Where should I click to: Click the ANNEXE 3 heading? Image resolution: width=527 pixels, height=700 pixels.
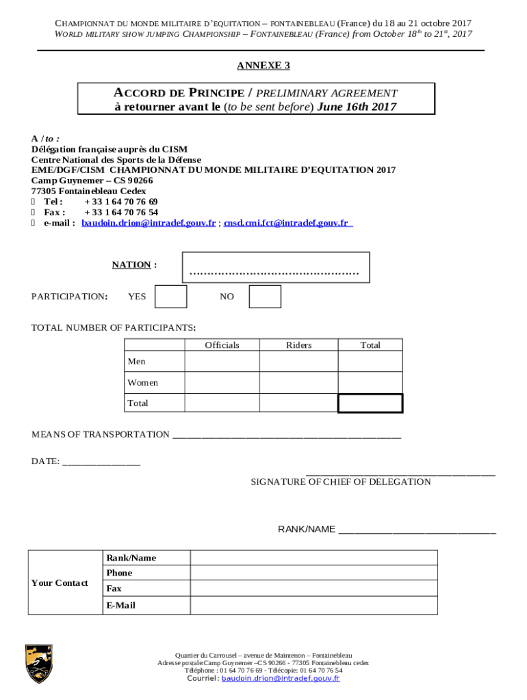(263, 66)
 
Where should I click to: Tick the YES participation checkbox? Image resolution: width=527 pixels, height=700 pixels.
(170, 297)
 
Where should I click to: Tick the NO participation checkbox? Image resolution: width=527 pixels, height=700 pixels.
(265, 297)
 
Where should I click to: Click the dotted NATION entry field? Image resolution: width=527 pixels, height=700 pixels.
(275, 267)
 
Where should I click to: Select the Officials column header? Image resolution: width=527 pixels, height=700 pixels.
(222, 345)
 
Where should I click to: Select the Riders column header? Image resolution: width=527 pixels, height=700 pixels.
(298, 345)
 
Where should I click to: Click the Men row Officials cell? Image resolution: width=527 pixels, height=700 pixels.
(222, 361)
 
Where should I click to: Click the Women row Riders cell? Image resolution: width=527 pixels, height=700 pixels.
(298, 382)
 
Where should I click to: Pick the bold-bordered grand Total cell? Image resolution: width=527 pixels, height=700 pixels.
(370, 403)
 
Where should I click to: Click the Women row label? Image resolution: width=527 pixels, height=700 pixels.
(142, 383)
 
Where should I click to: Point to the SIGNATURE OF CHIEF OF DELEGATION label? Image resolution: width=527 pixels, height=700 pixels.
(341, 482)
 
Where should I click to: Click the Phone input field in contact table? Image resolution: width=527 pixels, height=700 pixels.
(313, 573)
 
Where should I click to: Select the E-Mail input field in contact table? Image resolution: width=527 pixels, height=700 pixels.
(313, 606)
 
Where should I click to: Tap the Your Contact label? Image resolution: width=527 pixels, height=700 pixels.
(60, 583)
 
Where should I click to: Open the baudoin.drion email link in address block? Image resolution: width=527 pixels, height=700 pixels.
(149, 223)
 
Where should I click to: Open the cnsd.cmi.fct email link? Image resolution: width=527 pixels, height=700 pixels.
(287, 223)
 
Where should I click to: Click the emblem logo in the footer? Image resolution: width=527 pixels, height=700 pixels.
(39, 664)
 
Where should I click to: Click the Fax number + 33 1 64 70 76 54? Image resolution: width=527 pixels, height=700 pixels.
(121, 213)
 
